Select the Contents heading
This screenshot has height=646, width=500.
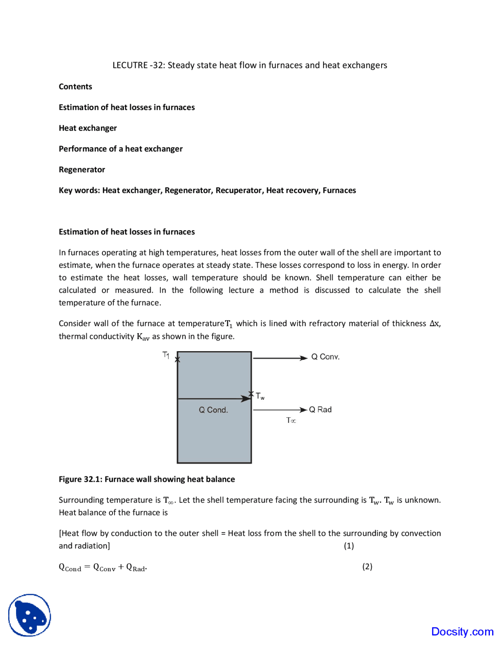pos(75,87)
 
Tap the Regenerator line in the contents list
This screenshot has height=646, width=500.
pos(82,170)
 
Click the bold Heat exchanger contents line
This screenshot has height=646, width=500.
pos(87,128)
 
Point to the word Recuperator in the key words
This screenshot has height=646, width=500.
pos(239,190)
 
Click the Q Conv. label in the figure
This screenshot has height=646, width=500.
pos(325,357)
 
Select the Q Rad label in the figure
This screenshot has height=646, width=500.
pos(320,410)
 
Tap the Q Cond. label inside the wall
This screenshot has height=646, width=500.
pos(213,410)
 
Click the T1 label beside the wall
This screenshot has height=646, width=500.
pos(166,355)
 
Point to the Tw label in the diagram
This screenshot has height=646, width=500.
pos(260,396)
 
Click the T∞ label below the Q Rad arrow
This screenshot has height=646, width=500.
pos(291,421)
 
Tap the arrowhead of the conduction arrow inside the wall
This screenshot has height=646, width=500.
pos(246,399)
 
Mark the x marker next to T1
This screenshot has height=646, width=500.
pos(177,360)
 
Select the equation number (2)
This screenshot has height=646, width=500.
pos(367,566)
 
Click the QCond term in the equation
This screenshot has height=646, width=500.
pos(70,567)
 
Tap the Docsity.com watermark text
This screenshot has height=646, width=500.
pos(462,632)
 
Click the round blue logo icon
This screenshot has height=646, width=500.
pos(30,615)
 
